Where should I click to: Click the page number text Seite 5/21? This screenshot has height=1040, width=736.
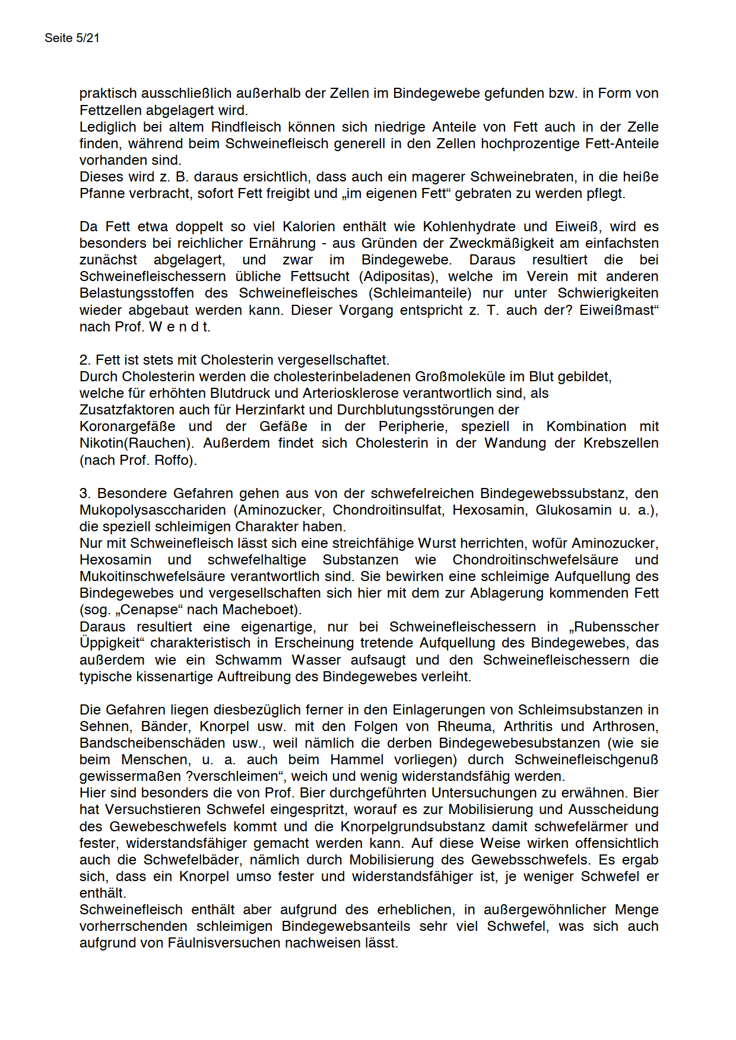(x=72, y=38)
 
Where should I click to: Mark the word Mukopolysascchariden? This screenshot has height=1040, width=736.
(x=153, y=510)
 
